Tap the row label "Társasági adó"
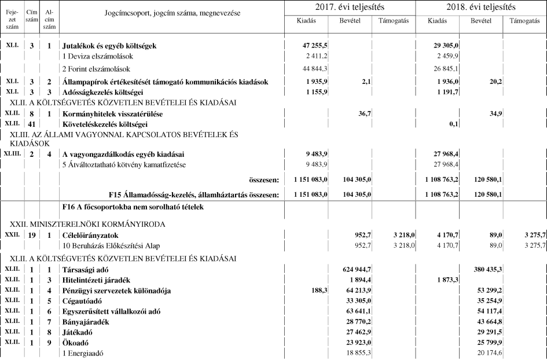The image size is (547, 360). [86, 269]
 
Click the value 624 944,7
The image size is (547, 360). [355, 269]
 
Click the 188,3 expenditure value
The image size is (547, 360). [320, 290]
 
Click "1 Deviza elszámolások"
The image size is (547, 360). [98, 56]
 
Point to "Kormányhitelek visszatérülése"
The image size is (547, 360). [112, 115]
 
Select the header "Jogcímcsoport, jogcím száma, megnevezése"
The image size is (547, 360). [172, 13]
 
